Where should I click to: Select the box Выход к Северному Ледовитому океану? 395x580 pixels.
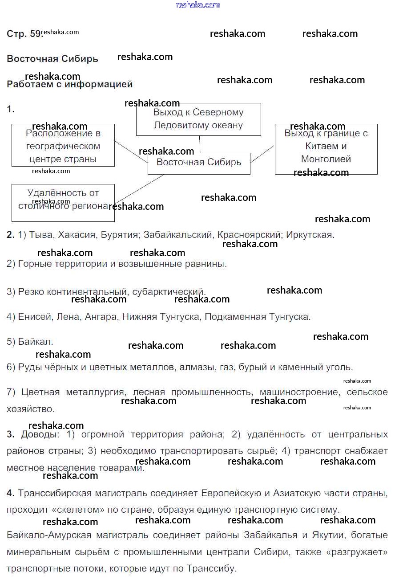[x=198, y=119]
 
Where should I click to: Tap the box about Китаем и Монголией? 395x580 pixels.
[x=326, y=149]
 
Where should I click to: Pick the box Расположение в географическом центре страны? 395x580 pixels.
[x=63, y=145]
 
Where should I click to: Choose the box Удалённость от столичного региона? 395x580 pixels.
[x=63, y=203]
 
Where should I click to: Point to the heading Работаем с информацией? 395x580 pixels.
[x=70, y=84]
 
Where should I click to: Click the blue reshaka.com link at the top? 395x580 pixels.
[x=197, y=5]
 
